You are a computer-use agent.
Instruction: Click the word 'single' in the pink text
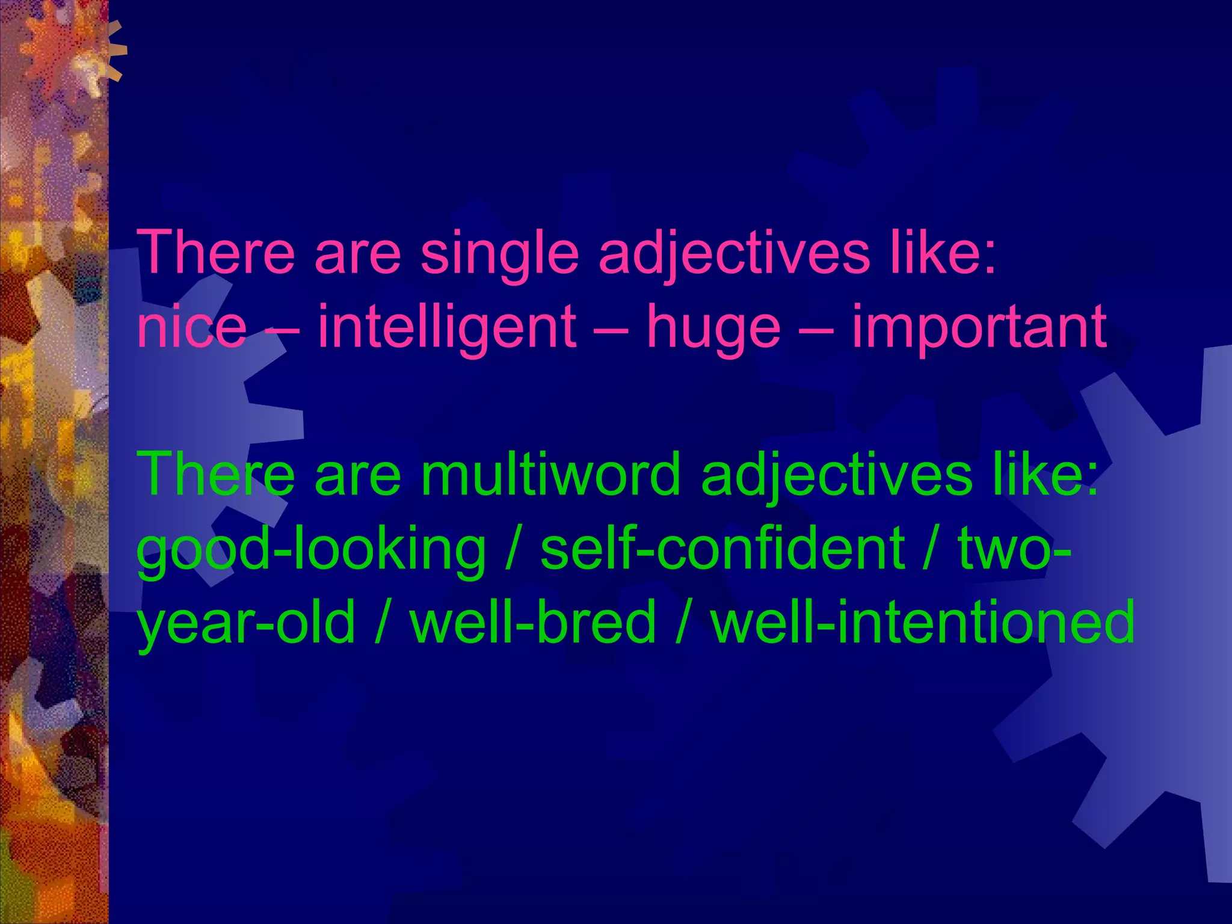(x=499, y=253)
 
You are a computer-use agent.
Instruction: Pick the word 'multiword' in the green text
(x=550, y=475)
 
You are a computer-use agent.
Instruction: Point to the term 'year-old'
(x=246, y=623)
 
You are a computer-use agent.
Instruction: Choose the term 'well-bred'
(x=532, y=623)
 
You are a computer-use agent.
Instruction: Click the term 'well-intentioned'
(x=923, y=623)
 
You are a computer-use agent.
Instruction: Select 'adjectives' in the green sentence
(x=836, y=475)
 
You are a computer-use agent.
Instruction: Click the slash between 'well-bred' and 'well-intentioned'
(x=682, y=623)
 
